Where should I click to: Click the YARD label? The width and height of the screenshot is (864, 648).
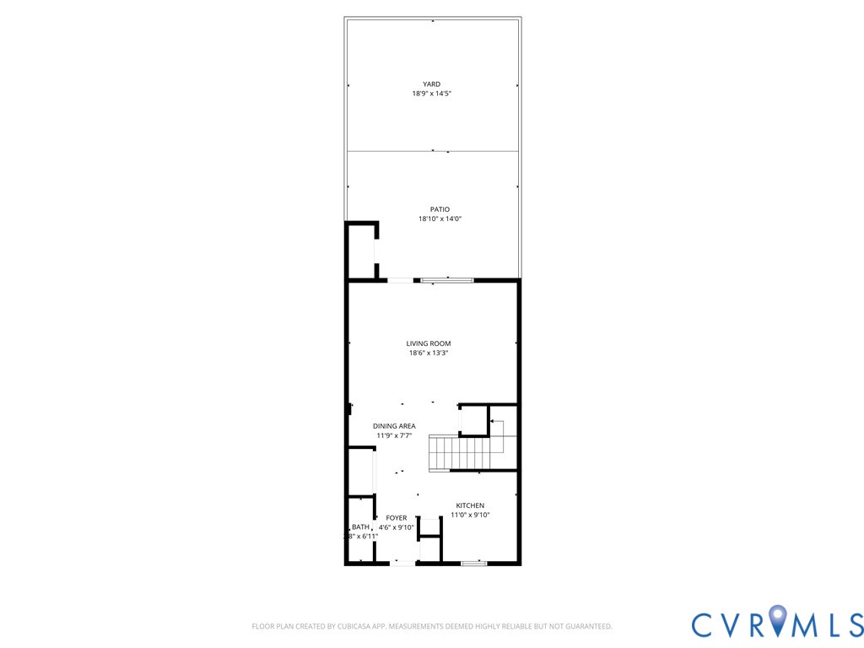pos(431,84)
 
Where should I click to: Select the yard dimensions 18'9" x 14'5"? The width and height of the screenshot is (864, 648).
pos(431,94)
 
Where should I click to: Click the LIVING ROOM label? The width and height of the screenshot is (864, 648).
pos(429,343)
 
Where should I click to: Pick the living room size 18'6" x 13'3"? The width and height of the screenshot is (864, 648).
pos(429,353)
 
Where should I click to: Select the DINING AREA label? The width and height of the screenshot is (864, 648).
pos(394,426)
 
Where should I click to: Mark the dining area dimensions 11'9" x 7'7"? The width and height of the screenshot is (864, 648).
pos(394,435)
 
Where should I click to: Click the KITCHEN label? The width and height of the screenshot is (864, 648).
pos(470,505)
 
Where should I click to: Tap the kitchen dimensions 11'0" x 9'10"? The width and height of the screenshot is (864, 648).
pos(470,515)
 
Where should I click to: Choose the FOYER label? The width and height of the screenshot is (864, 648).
pos(397,518)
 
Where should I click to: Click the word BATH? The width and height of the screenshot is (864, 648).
pos(360,526)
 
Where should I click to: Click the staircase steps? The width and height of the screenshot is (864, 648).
pos(460,452)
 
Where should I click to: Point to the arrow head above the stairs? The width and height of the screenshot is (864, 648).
pos(492,420)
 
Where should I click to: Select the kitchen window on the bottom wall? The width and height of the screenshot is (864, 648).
pos(473,562)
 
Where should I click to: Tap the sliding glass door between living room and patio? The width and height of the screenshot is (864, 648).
pos(447,280)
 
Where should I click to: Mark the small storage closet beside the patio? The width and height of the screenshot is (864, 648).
pos(362,251)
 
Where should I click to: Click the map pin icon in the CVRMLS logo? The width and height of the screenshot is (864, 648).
pos(777,622)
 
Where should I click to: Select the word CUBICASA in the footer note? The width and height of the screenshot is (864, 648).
pos(340,627)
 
